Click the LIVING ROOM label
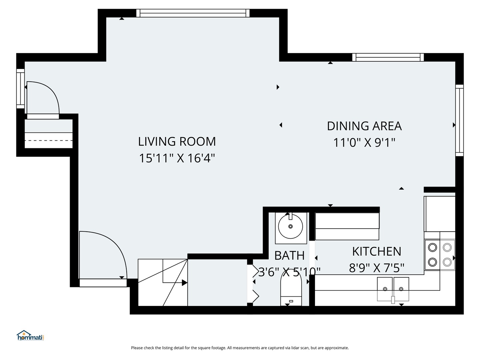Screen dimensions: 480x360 (177, 141)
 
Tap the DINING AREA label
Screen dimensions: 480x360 (364, 126)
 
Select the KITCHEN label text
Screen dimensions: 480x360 (377, 251)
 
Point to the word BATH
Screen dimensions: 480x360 (289, 256)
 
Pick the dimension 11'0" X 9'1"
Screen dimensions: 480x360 (364, 143)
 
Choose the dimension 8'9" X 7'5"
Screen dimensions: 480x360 (377, 268)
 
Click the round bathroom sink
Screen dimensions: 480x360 (290, 226)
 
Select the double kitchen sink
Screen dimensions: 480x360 (393, 289)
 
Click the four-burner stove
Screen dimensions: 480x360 (440, 255)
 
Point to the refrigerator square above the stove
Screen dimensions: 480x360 (440, 214)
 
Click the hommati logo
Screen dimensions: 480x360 (30, 336)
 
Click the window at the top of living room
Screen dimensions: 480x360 (193, 13)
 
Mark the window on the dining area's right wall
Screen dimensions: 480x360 (459, 120)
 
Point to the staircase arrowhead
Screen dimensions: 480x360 (185, 283)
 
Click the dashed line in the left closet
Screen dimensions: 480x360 (49, 140)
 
